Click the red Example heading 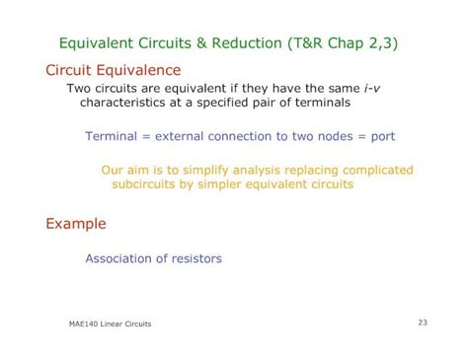pos(76,224)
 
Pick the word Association pos(119,258)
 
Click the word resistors pos(195,258)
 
